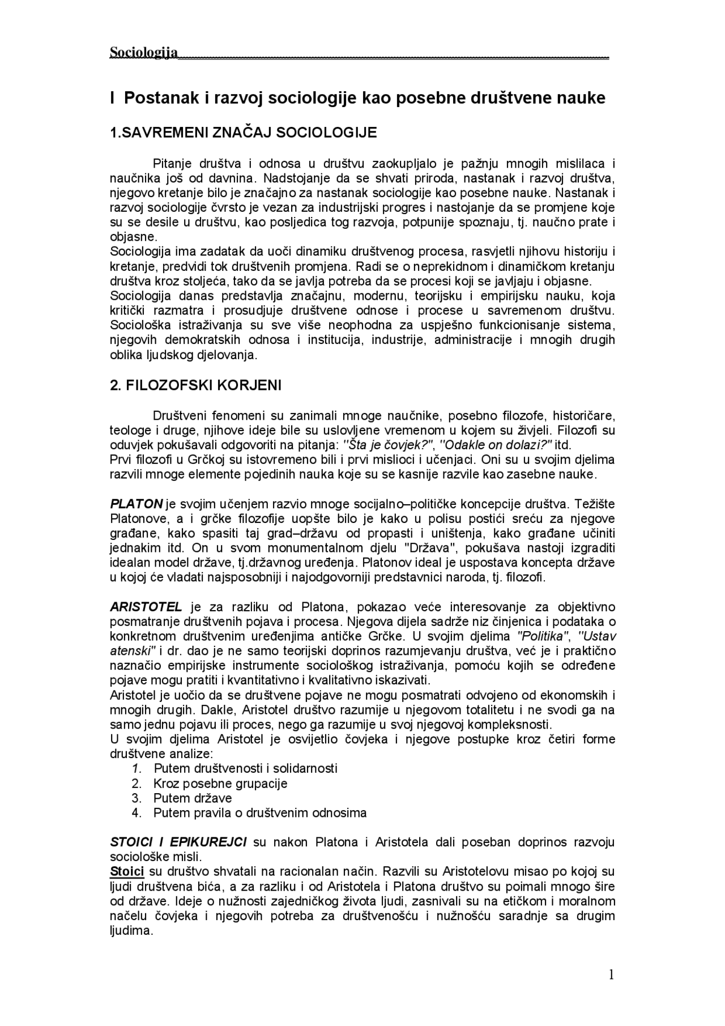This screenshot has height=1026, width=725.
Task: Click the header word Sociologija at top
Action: pos(143,53)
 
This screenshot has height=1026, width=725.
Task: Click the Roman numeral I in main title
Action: pos(113,98)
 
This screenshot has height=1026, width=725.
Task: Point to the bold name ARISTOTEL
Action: pos(146,607)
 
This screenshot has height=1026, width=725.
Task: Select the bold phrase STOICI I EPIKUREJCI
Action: pos(178,842)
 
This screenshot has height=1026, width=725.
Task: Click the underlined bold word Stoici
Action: pos(127,871)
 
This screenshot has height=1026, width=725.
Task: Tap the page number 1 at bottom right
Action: pos(611,974)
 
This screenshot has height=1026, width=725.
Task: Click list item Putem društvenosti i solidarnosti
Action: pos(245,769)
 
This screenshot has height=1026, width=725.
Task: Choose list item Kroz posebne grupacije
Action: pos(220,784)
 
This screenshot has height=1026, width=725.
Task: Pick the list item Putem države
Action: pos(193,798)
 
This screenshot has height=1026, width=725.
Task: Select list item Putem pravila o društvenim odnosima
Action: pos(260,813)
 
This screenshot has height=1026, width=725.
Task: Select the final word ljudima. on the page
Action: pos(131,930)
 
